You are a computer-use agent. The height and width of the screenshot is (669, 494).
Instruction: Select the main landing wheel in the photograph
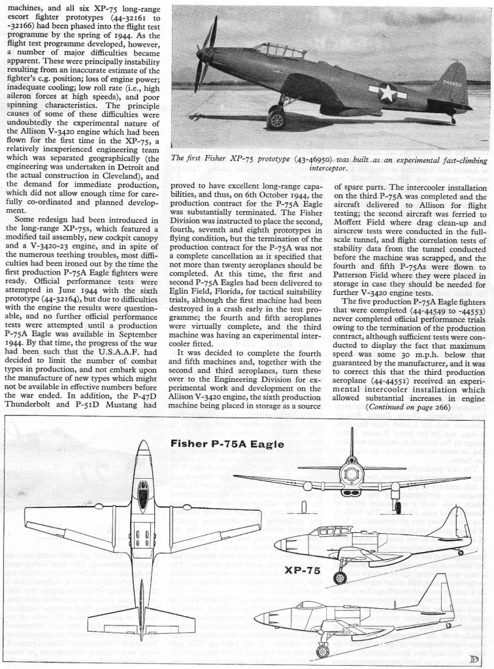(x=277, y=120)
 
